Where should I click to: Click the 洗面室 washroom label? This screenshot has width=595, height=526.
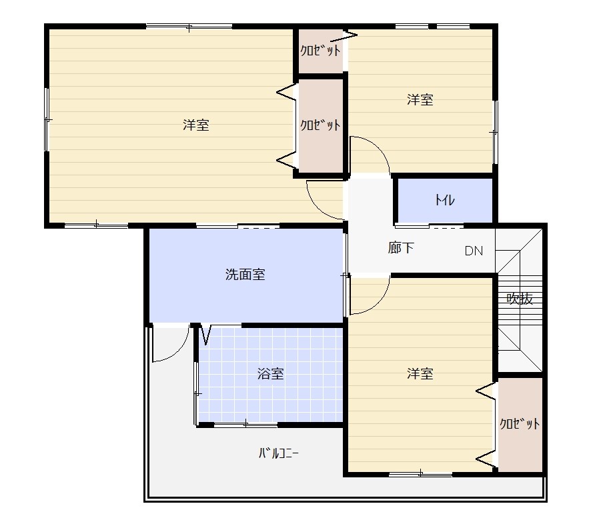click(245, 274)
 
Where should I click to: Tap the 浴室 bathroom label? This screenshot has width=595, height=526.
click(271, 374)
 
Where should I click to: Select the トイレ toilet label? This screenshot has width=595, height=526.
click(444, 199)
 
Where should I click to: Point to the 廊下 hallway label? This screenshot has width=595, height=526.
click(401, 247)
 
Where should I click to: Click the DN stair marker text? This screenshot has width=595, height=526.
click(474, 251)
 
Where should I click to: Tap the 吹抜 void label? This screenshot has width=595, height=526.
click(520, 299)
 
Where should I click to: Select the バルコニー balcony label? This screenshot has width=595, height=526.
click(279, 453)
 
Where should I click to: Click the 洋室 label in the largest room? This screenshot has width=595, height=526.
click(196, 125)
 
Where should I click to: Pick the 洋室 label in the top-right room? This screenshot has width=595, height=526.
click(420, 99)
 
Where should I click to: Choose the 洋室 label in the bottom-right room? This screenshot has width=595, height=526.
click(420, 373)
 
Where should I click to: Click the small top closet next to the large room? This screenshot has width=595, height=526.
click(321, 51)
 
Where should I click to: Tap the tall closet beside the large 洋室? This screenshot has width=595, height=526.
click(321, 125)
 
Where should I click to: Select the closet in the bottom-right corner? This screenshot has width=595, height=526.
click(520, 425)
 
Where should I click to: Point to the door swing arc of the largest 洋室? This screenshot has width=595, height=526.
click(316, 207)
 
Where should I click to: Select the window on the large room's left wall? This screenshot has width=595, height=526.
click(47, 120)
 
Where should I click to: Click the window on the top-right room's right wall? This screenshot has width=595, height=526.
click(495, 132)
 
